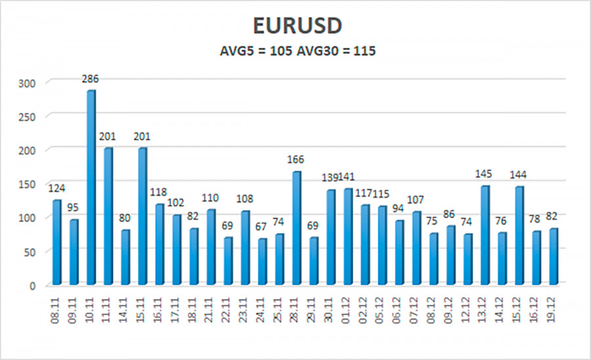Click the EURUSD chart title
(297, 26)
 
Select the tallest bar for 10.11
(91, 187)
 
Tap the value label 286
(91, 79)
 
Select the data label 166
(297, 160)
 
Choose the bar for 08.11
(56, 242)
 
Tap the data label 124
(57, 189)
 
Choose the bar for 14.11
(125, 258)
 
